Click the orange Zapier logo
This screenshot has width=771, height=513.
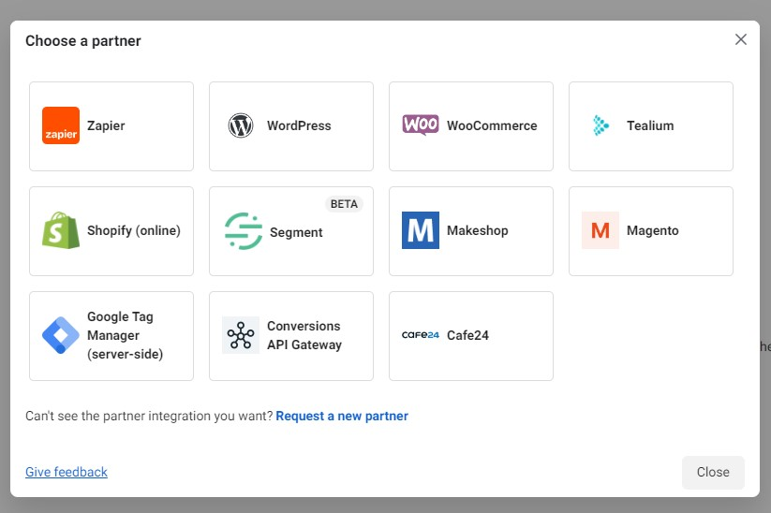pos(61,125)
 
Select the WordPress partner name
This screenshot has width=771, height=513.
pos(299,125)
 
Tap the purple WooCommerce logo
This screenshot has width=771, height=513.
pos(421,125)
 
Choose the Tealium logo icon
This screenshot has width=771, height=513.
pos(600,125)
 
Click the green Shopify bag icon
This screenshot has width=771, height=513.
pos(61,230)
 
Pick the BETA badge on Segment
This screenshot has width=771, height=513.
pos(344,204)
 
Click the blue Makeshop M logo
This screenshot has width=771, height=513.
pos(421,230)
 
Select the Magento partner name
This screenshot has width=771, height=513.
pos(652,230)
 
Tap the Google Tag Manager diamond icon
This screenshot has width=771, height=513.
pos(61,335)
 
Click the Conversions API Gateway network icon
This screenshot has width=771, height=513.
pos(241,335)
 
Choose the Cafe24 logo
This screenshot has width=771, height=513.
pos(421,335)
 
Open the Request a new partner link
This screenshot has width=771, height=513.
pos(342,416)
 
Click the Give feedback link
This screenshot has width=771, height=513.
pos(67,472)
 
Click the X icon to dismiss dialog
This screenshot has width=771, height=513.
pos(741,39)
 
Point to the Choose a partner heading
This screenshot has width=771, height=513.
pos(83,40)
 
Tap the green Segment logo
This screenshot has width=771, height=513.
pos(244,231)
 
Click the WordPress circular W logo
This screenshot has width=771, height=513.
pos(241,125)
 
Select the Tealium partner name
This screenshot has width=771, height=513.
pos(650,125)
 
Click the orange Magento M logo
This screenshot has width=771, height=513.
pos(600,230)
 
